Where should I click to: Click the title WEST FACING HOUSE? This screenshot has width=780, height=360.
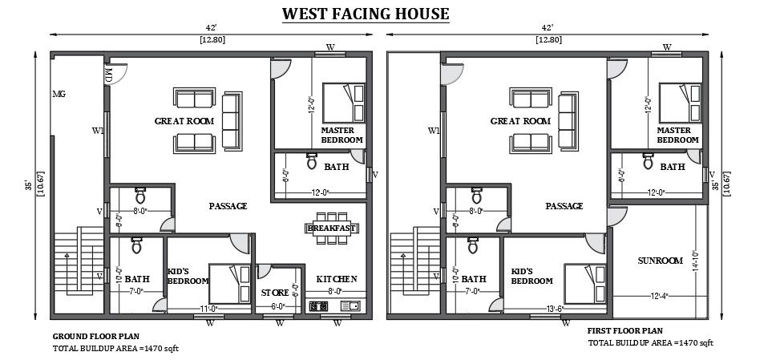point(366,14)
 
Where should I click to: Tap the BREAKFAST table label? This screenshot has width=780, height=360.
point(331,229)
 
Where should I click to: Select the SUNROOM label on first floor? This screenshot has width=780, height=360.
point(660,261)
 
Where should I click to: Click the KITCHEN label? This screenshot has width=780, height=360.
point(336,279)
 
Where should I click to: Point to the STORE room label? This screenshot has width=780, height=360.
point(275,293)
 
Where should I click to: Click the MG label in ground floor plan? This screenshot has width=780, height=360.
point(59,94)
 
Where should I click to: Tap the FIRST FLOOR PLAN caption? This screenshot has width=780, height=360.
point(624,330)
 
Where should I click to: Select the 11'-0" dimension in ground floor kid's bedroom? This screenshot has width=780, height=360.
point(210,307)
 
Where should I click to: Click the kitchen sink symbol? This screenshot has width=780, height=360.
point(350,305)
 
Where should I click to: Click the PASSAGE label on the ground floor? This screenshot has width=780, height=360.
point(228,206)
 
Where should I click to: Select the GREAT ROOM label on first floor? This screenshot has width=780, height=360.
point(519,121)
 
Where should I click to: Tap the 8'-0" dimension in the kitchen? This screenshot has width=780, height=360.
point(335,292)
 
